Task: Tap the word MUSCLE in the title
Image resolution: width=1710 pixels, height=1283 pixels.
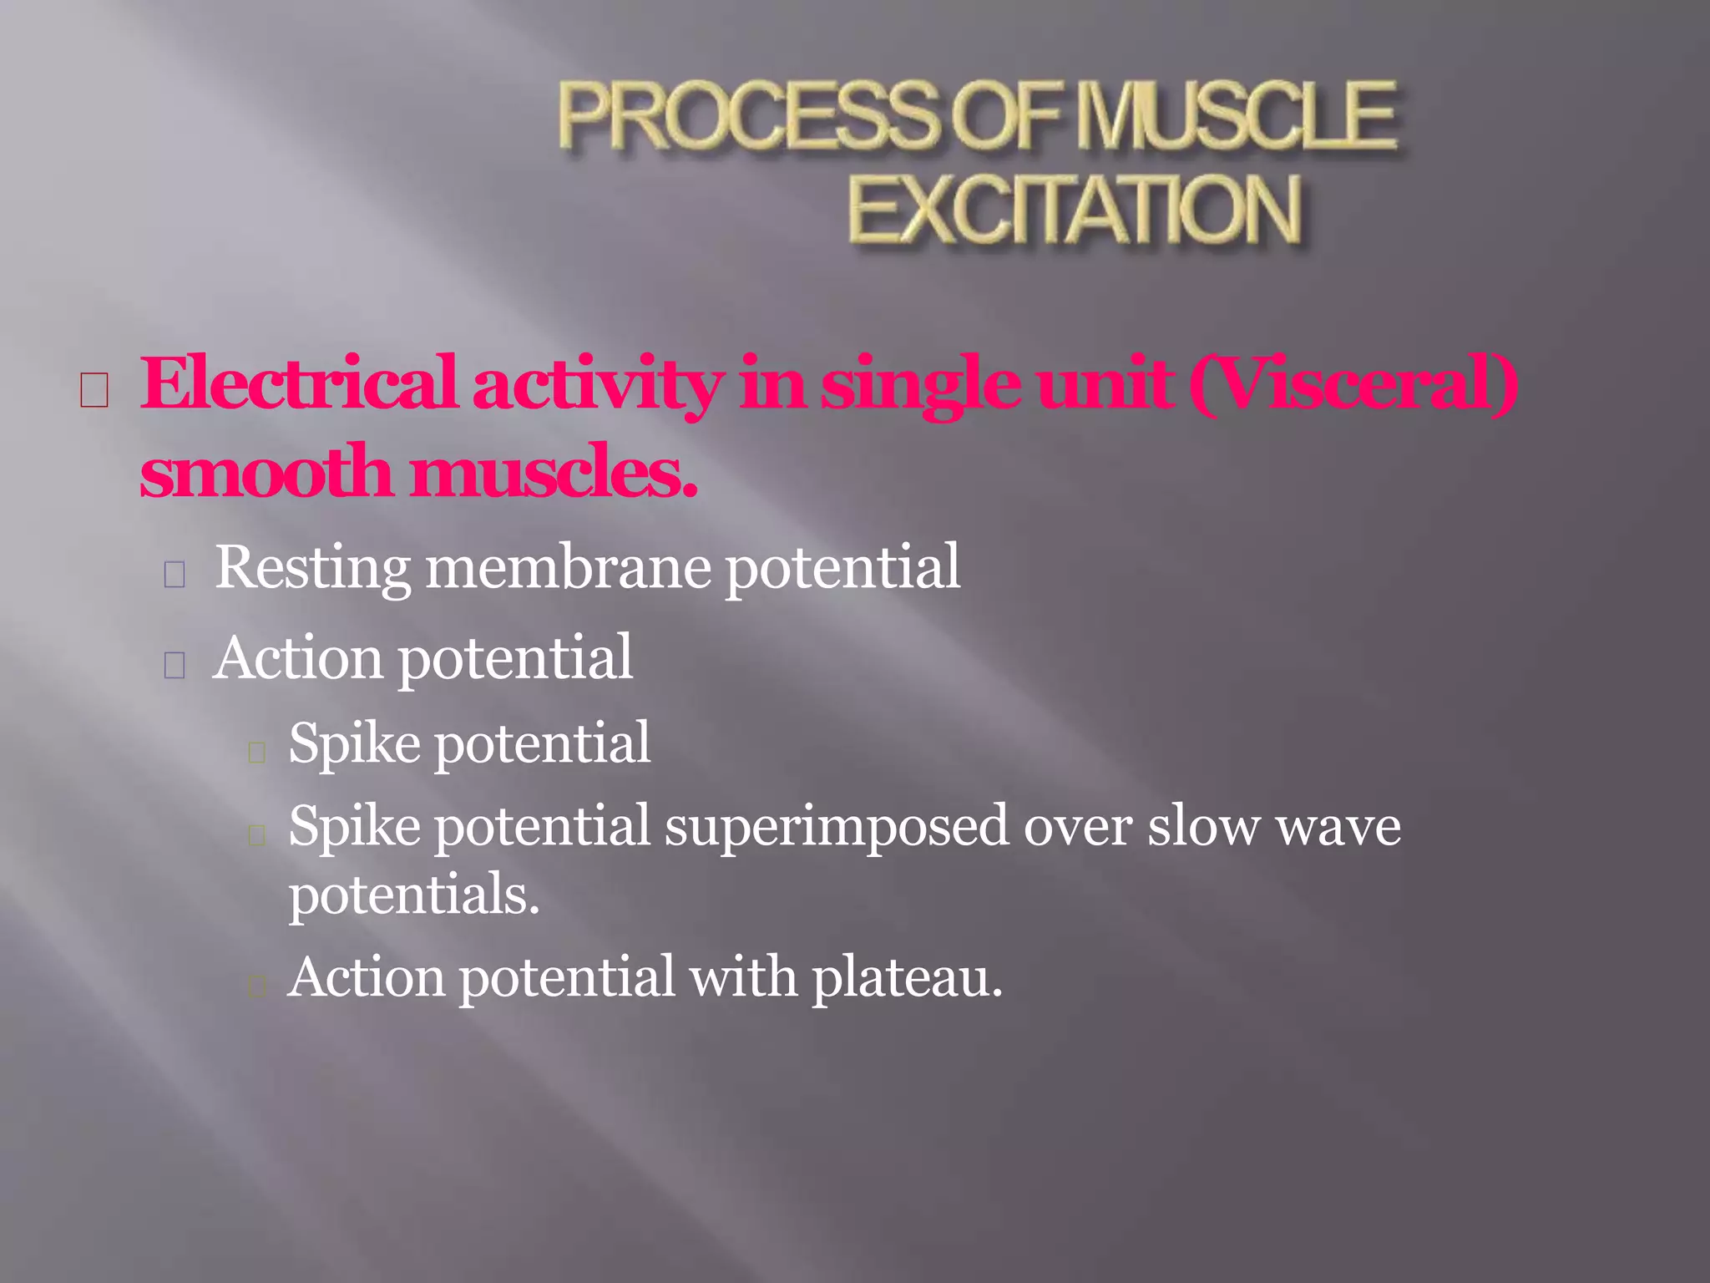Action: [1236, 117]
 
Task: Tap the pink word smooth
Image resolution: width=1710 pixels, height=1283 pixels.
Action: [266, 472]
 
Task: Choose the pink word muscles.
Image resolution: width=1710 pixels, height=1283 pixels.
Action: [554, 472]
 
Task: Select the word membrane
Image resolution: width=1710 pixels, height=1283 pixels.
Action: [569, 567]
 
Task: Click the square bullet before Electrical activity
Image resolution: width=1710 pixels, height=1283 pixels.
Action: [94, 390]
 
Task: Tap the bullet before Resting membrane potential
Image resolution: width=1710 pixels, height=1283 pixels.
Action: [175, 575]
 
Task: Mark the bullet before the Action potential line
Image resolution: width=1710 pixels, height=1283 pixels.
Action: [175, 665]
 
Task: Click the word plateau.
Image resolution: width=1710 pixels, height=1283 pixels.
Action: [907, 977]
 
